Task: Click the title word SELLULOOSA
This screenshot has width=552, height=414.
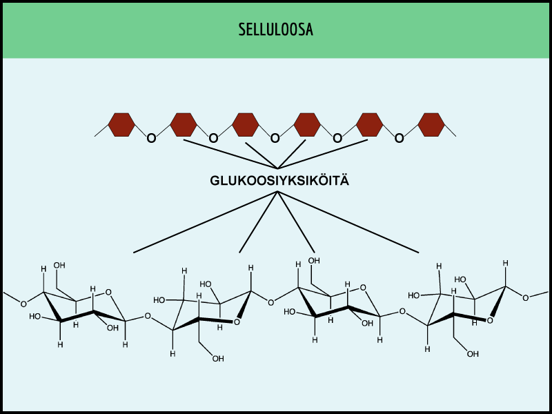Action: [x=275, y=30]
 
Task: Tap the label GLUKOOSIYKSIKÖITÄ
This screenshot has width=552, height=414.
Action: [x=279, y=181]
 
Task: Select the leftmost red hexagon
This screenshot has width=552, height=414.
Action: [x=121, y=124]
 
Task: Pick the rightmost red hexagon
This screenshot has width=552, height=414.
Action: [x=431, y=124]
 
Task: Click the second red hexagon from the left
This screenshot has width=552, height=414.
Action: [x=184, y=124]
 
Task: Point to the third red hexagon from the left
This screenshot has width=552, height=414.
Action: [x=246, y=124]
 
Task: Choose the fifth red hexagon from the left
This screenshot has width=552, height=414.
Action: [x=369, y=124]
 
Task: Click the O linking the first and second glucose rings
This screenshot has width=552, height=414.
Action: [x=148, y=317]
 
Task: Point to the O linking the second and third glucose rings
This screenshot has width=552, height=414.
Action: [x=270, y=302]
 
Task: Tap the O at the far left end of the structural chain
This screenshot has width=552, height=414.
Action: [x=23, y=303]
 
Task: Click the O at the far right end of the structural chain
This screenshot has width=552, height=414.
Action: [x=526, y=297]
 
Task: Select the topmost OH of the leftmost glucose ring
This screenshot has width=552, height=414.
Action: [x=60, y=266]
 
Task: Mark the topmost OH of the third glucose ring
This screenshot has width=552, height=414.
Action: [x=315, y=260]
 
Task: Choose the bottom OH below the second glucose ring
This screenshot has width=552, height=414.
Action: [x=218, y=358]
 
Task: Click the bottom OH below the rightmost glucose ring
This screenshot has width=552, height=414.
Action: [x=473, y=354]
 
